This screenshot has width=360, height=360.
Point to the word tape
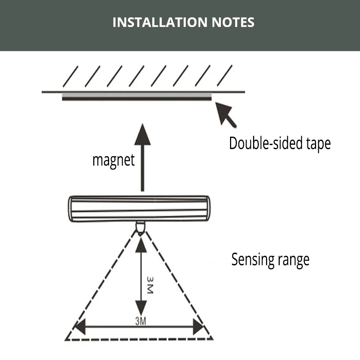[316, 144]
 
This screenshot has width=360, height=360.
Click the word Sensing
[251, 259]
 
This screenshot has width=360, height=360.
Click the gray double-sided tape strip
[137, 95]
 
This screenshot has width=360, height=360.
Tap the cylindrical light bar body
[139, 208]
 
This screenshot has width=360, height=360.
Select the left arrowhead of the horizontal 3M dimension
[80, 328]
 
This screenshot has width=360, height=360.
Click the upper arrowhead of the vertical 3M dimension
[141, 244]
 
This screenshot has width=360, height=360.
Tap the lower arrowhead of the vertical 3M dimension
[141, 309]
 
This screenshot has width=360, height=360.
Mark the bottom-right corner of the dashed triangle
[212, 339]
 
